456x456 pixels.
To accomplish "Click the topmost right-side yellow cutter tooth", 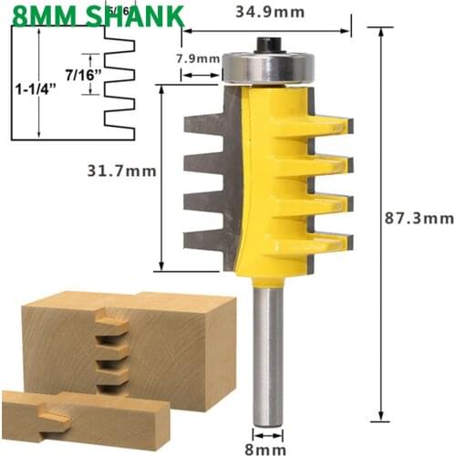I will coord(328,123).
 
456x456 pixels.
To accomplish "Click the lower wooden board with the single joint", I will coord(82,421).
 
